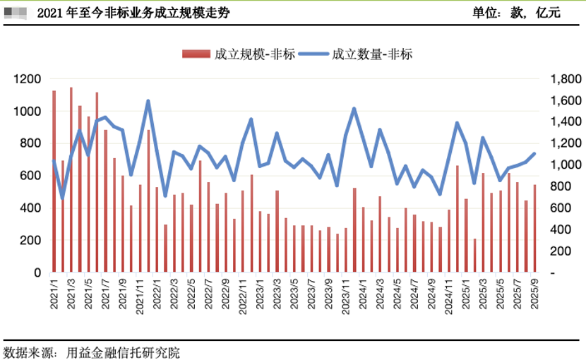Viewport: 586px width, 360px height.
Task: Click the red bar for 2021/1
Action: tap(54, 181)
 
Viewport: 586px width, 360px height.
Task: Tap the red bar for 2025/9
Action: tap(534, 229)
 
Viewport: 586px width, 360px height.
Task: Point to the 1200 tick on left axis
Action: tap(28, 79)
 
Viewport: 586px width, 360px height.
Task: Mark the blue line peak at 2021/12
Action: tap(148, 101)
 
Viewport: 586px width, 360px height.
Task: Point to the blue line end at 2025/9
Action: tap(534, 153)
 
